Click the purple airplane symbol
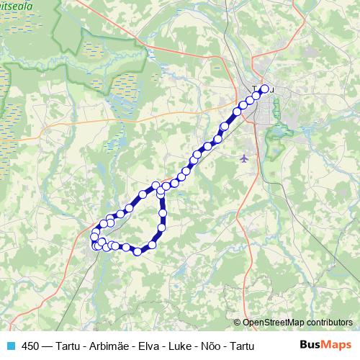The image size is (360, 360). pos(245,157)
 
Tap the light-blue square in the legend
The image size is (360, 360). pos(10,345)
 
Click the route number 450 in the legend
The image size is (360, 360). pos(31,345)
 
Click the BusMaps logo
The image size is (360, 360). pos(326,344)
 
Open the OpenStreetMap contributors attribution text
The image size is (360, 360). pos(297,322)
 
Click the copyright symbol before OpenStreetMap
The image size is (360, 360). pos(237,322)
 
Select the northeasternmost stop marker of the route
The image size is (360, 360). pos(264,89)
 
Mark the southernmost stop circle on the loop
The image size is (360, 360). pos(137,251)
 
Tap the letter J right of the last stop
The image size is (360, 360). pos(273,91)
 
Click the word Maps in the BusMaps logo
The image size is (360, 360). pos(338,344)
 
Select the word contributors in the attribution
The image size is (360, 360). pos(326,322)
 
